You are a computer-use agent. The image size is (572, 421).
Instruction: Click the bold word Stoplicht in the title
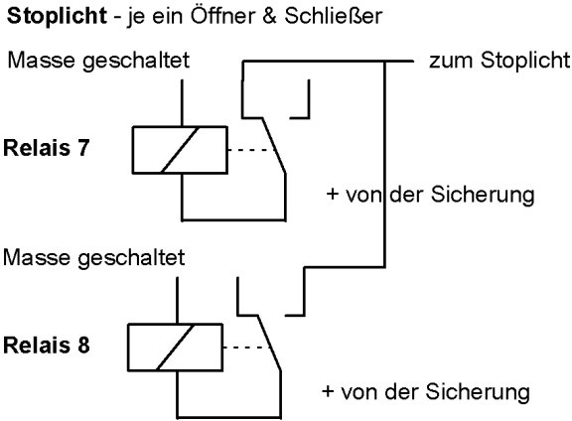[x=57, y=16]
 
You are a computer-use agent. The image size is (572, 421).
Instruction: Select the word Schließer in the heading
[x=333, y=16]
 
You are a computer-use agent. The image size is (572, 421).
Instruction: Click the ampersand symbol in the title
[x=269, y=17]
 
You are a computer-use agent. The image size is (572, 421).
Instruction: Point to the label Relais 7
[x=47, y=148]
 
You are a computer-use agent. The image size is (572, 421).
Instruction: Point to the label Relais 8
[x=47, y=345]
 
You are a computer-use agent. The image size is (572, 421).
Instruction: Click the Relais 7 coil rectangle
[x=180, y=150]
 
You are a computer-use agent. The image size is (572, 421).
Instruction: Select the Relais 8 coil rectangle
[x=175, y=347]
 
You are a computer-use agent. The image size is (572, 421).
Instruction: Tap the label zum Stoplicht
[x=500, y=61]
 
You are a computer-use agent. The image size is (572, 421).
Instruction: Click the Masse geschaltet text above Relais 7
[x=98, y=61]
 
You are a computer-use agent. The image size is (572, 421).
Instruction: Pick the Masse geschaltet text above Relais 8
[x=94, y=257]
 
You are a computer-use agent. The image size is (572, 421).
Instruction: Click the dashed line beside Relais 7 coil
[x=251, y=150]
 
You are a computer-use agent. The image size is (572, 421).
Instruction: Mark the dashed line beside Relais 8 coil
[x=247, y=347]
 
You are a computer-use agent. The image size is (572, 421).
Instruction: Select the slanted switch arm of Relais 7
[x=274, y=145]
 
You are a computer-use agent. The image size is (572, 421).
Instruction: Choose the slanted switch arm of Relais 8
[x=269, y=343]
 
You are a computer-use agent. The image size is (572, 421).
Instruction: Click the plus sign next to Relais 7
[x=333, y=194]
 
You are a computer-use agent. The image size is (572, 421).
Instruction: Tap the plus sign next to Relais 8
[x=328, y=391]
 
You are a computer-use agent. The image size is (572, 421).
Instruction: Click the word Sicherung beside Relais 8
[x=478, y=392]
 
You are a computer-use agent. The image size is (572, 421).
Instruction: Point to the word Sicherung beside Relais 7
[x=483, y=196]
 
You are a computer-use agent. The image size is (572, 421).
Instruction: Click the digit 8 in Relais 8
[x=83, y=346]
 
